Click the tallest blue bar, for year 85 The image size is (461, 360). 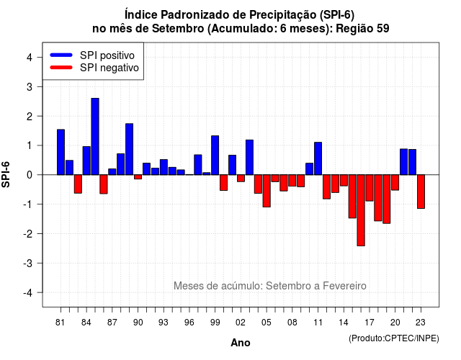tap(95, 136)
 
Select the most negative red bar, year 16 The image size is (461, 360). tap(361, 210)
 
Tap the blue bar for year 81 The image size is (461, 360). tap(61, 152)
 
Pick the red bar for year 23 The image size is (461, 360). tap(421, 192)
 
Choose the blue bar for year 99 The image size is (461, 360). tap(215, 156)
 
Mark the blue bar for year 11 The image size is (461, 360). tap(318, 158)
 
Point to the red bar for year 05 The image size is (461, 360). tap(267, 191)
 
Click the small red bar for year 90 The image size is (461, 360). tap(138, 177)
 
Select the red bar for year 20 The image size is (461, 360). tap(395, 182)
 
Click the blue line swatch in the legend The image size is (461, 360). tap(61, 55)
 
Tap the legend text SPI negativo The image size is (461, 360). tap(109, 68)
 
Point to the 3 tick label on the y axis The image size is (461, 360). tap(29, 86)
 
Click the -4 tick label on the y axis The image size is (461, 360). tap(27, 292)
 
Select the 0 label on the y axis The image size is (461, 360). tap(29, 175)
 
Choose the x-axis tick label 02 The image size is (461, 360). tap(240, 323)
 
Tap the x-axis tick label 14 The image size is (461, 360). tap(343, 323)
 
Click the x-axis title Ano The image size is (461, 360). tap(240, 343)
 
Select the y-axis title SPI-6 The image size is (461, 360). tap(6, 174)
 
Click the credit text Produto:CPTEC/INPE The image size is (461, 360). tap(394, 338)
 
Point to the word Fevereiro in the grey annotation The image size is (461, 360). tap(344, 286)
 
